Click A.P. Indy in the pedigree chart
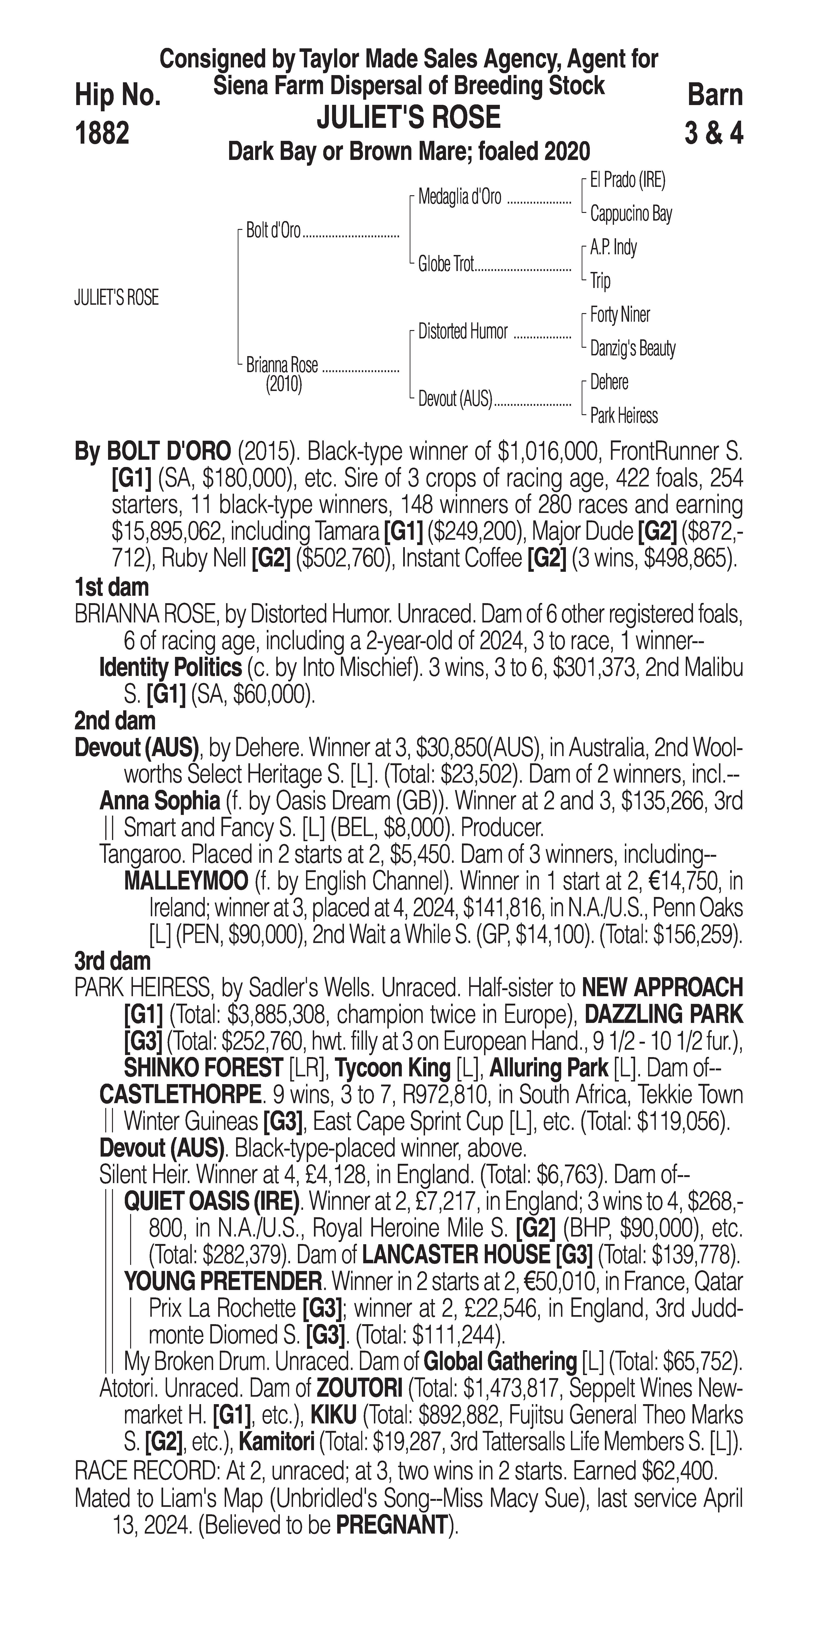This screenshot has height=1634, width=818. tap(613, 247)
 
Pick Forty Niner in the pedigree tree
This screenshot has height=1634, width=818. tap(620, 315)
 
